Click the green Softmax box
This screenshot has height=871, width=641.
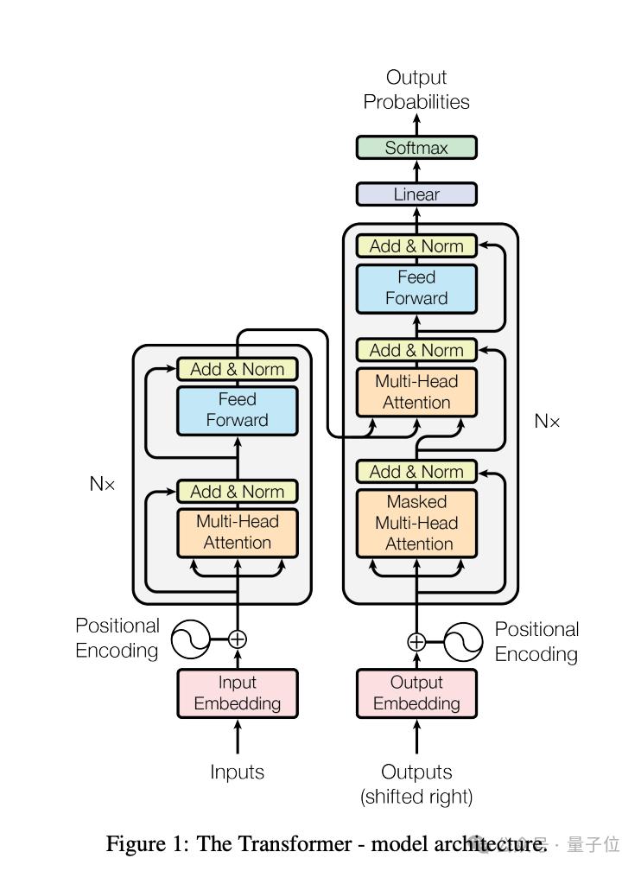[x=416, y=148]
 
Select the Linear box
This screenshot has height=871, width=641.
[x=416, y=194]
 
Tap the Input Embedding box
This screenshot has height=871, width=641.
[x=238, y=693]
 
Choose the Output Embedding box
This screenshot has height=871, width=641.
[x=416, y=693]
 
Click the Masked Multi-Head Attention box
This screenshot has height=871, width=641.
[x=416, y=523]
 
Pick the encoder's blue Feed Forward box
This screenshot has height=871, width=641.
[x=238, y=410]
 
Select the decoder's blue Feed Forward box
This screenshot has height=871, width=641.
[x=416, y=289]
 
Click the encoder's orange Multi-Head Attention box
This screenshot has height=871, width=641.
[x=238, y=532]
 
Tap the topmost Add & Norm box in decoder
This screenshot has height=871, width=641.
[x=416, y=246]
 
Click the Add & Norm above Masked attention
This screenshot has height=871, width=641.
[x=416, y=472]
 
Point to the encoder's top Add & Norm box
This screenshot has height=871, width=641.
[x=238, y=369]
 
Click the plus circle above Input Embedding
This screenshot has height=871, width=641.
[x=238, y=639]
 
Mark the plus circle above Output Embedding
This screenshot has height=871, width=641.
[x=416, y=641]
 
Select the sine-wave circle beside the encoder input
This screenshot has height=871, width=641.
[x=190, y=639]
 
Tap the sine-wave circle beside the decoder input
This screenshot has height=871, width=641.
[x=464, y=641]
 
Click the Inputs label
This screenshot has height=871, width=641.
[x=238, y=772]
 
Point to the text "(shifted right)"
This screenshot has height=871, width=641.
[x=416, y=797]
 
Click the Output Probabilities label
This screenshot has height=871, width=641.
[x=416, y=90]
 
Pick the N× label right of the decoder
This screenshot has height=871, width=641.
[x=547, y=422]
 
